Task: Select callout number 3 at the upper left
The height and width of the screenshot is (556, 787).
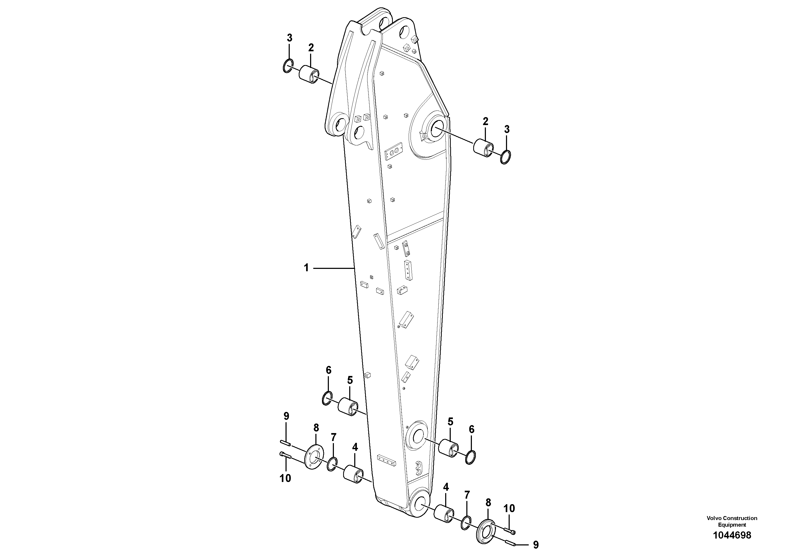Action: pos(290,38)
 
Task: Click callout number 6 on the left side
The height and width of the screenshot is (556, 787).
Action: pos(328,370)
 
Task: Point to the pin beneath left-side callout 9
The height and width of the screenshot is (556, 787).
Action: pos(285,443)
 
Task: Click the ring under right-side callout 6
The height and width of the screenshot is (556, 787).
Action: pos(471,457)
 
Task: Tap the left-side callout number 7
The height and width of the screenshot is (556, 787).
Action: pos(333,437)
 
